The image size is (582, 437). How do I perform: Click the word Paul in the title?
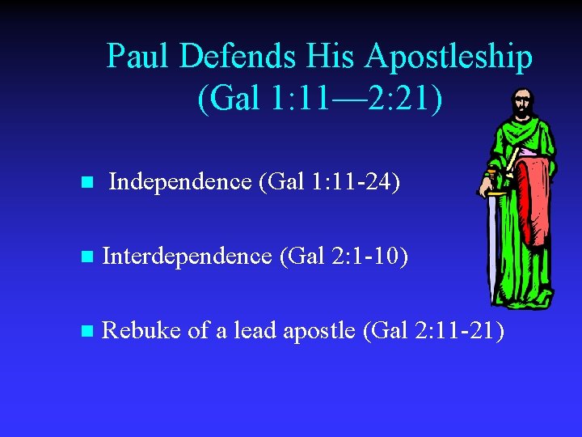[x=138, y=57]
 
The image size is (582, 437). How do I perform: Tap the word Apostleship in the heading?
[x=449, y=57]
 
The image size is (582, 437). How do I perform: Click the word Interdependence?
[x=188, y=257]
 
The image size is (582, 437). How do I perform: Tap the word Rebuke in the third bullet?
[x=142, y=330]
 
